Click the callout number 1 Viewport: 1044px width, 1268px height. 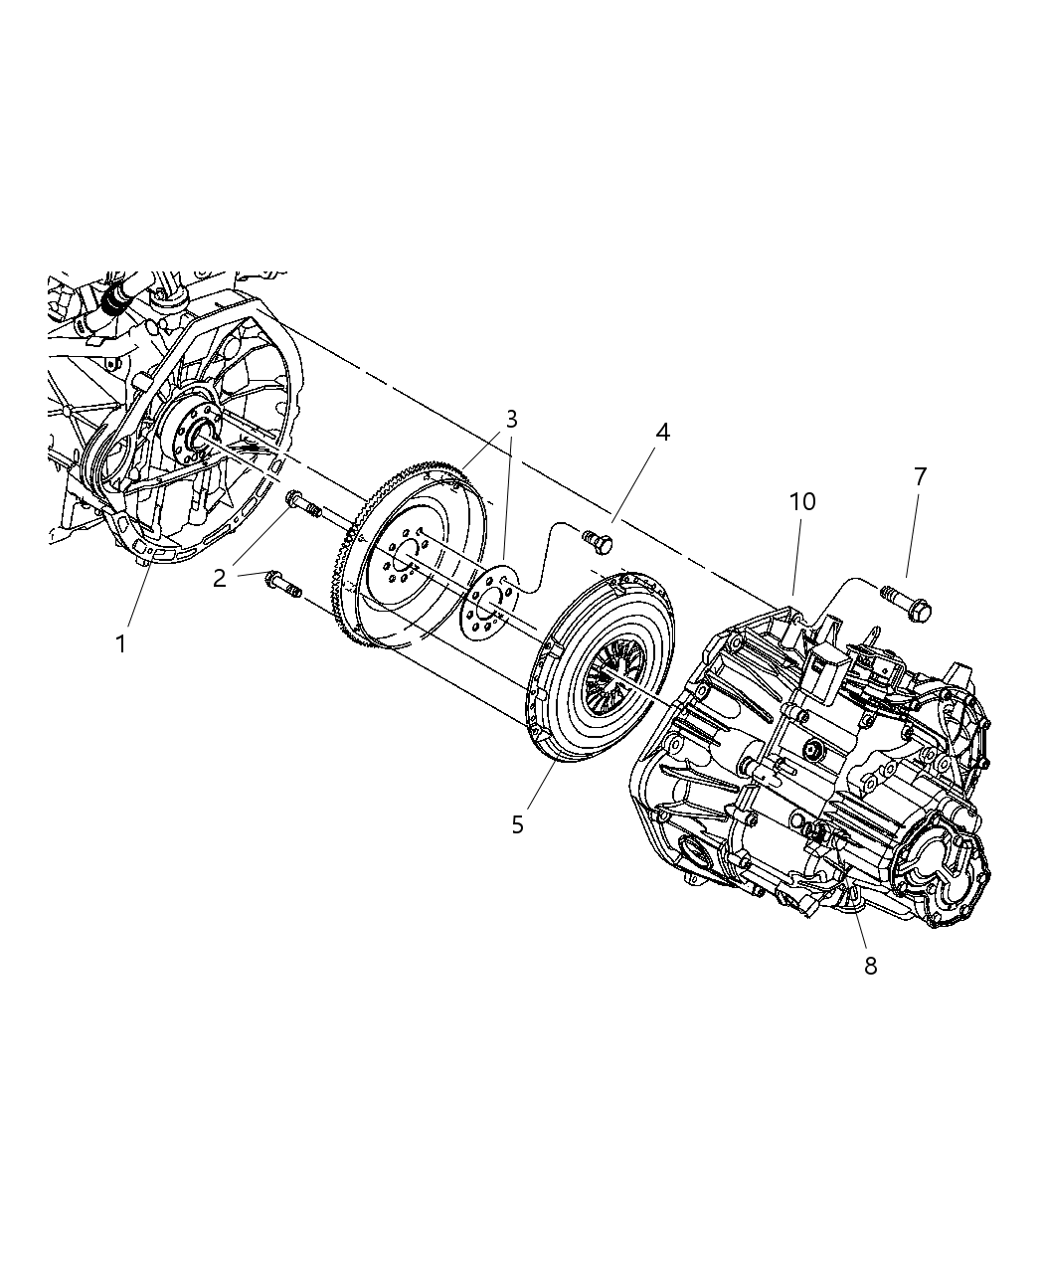121,644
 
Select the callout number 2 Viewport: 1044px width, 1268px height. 220,577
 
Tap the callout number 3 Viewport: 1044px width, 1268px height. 511,419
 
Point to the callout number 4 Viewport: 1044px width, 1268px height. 662,432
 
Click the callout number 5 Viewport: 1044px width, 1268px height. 517,824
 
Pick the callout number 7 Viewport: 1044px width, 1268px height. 920,477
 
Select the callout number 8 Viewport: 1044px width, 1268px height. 870,966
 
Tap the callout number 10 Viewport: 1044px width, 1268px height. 802,501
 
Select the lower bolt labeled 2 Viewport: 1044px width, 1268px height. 283,584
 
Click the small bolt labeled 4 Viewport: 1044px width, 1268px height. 599,543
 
